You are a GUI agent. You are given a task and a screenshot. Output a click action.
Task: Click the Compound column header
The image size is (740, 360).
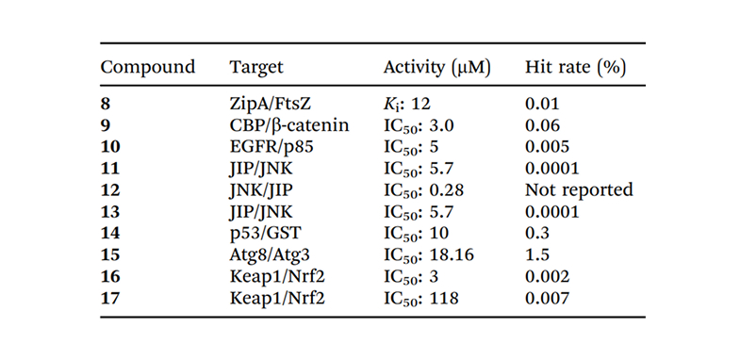pos(148,68)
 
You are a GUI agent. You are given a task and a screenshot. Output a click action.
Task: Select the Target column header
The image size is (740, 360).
pos(256,68)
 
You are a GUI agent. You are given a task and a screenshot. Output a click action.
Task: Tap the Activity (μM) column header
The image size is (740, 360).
pos(437,68)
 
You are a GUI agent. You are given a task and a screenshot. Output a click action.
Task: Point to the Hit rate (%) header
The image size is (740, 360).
pos(576,68)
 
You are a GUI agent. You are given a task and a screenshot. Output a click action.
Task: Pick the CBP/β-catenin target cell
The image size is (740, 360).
pos(289,125)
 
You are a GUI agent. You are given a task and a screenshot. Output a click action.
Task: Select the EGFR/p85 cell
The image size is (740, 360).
pos(271,147)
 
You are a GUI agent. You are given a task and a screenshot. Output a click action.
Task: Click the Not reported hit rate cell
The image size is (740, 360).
pos(579,189)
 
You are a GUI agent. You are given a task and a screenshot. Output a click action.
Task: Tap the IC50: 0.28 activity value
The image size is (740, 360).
pos(424,190)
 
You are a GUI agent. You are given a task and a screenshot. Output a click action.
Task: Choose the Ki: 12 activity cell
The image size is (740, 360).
pos(407,104)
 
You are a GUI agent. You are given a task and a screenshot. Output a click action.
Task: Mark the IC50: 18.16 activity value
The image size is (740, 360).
pos(429,254)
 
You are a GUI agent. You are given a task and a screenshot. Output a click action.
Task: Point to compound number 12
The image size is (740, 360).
pos(110,189)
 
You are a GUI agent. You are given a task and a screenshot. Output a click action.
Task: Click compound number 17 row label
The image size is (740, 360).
pos(110,298)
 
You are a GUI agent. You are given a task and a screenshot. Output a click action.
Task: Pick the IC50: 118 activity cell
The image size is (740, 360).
pos(421,298)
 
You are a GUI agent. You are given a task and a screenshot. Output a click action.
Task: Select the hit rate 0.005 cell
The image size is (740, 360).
pos(548,147)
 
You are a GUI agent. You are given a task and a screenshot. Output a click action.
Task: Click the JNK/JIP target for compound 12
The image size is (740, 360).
pos(261,189)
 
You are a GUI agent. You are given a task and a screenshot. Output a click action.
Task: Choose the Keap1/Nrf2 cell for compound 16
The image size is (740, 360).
pos(277,276)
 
